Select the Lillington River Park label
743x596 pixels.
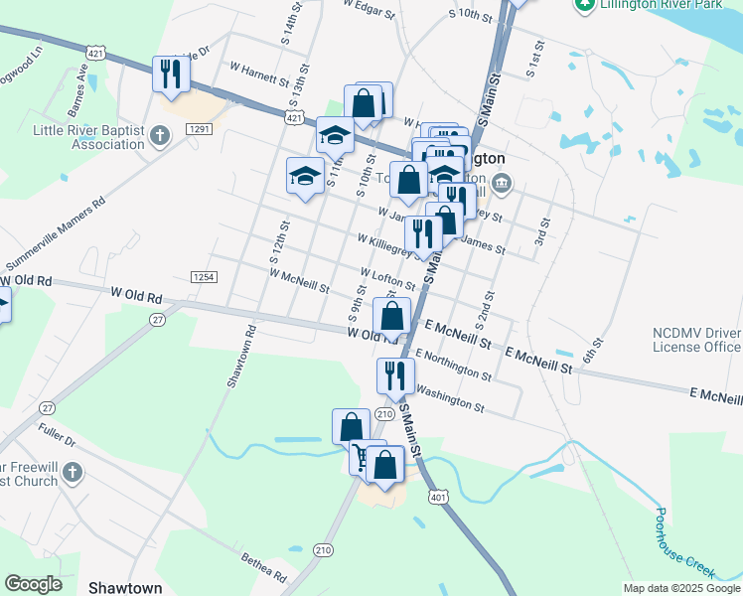[662, 6]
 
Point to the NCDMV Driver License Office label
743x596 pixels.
[696, 340]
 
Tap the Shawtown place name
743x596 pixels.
[124, 588]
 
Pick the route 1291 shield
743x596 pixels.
[199, 129]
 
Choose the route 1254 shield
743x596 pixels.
[204, 277]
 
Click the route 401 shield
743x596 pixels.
[437, 495]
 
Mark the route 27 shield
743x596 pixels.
[157, 319]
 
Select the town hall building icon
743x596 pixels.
[503, 182]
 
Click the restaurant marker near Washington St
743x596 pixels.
[394, 375]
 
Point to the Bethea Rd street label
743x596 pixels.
[264, 568]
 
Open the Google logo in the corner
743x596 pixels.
[33, 584]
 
